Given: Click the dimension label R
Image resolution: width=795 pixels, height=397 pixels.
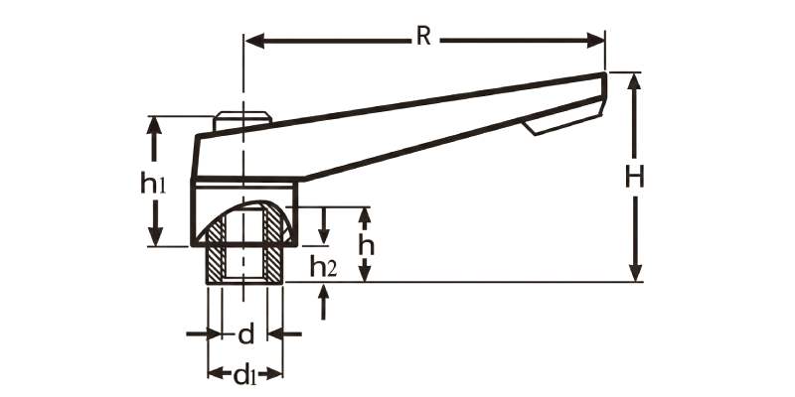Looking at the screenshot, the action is click(423, 37).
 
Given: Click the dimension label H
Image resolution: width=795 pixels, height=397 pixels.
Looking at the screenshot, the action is click(634, 178).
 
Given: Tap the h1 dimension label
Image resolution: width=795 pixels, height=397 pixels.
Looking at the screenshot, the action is click(153, 183).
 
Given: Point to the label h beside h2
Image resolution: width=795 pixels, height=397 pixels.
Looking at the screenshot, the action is click(366, 246).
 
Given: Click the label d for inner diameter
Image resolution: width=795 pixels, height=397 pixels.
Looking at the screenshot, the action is click(245, 334).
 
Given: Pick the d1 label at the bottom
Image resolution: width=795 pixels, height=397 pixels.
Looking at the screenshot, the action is click(244, 375).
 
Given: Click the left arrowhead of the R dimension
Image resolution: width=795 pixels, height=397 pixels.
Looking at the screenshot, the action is click(254, 41).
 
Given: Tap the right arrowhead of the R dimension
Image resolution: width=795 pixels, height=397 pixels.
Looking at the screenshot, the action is click(595, 40).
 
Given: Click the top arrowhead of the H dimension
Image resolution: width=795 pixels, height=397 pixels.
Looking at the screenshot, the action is click(634, 81).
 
